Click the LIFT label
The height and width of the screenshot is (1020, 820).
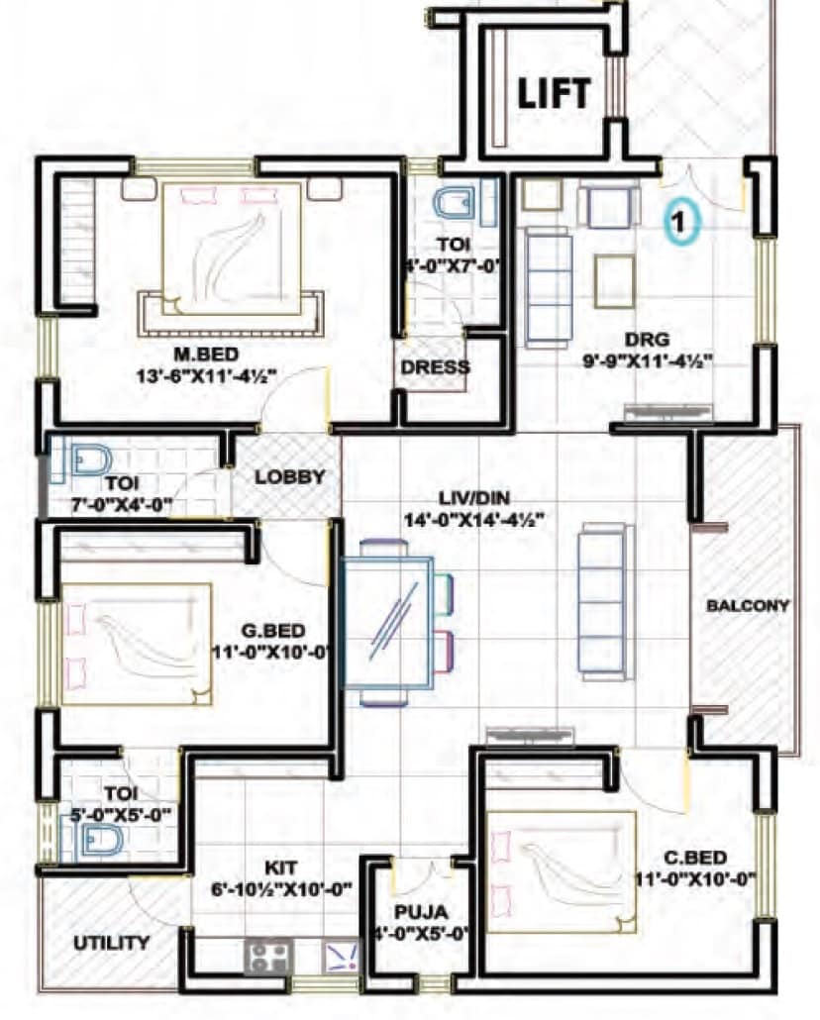click(x=555, y=93)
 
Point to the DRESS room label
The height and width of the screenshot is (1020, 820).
click(x=435, y=366)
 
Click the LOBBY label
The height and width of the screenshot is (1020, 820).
click(x=290, y=476)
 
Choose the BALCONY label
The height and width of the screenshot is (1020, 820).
click(x=748, y=606)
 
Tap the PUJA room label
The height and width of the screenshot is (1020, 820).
click(x=421, y=909)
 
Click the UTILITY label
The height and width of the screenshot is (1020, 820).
click(x=112, y=943)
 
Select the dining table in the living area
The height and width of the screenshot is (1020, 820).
click(x=388, y=623)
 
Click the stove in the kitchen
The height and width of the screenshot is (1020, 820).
click(x=267, y=956)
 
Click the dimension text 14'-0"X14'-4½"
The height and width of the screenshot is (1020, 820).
click(x=472, y=519)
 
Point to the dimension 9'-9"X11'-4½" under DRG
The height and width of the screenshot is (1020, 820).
click(x=649, y=360)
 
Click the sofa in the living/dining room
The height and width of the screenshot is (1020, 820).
click(x=605, y=601)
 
